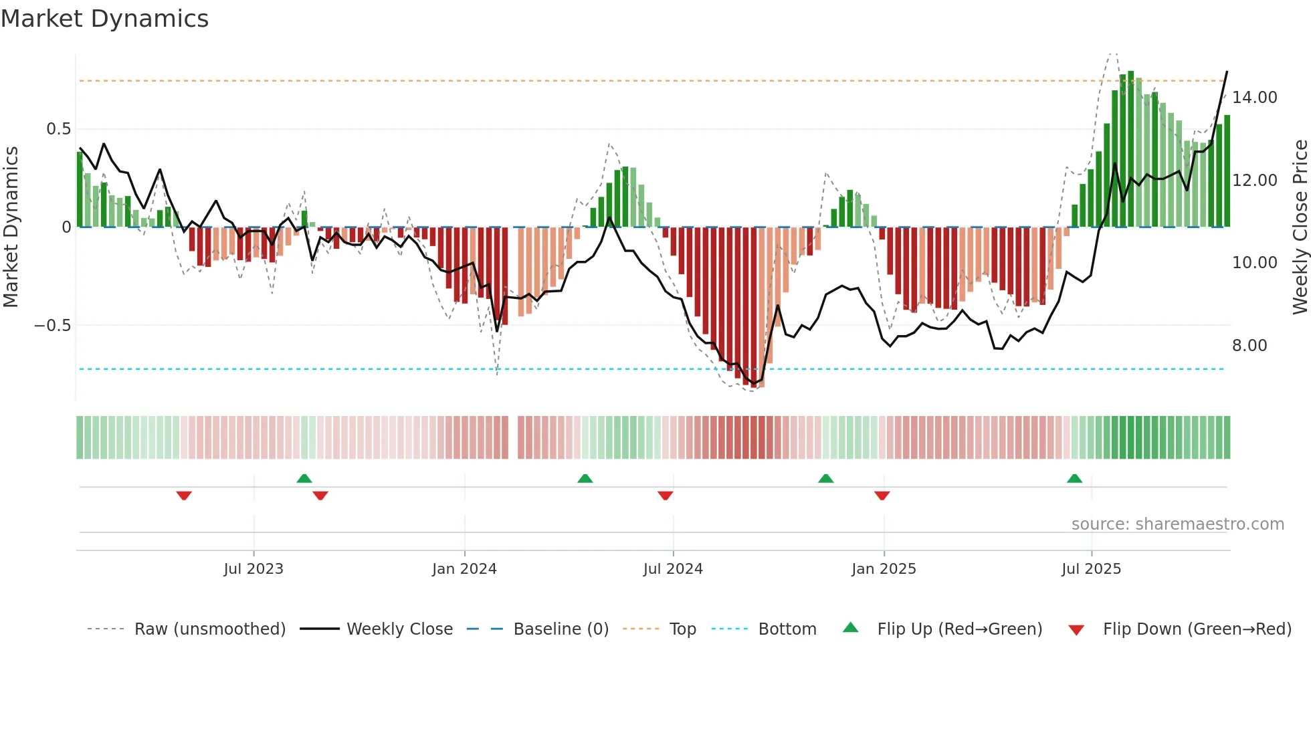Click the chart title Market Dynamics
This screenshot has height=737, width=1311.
[x=104, y=19]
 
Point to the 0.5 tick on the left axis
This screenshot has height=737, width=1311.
[x=58, y=129]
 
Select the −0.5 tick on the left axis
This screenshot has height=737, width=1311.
[x=52, y=326]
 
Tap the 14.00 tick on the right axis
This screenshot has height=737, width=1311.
[x=1254, y=98]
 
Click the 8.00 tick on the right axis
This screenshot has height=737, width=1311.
[x=1249, y=346]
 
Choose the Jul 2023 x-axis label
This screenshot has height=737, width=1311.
[x=254, y=569]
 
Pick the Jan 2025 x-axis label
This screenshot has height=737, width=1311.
[x=884, y=569]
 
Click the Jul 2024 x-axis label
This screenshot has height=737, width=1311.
[x=673, y=569]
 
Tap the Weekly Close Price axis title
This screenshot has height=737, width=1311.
[x=1300, y=227]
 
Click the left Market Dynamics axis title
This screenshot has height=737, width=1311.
[x=11, y=227]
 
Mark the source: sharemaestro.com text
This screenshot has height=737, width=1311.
[x=1177, y=524]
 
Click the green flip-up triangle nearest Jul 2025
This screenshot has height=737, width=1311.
[x=1074, y=479]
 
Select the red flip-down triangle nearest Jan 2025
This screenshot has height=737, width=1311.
[x=882, y=496]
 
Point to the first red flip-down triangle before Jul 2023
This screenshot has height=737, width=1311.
[x=184, y=496]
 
